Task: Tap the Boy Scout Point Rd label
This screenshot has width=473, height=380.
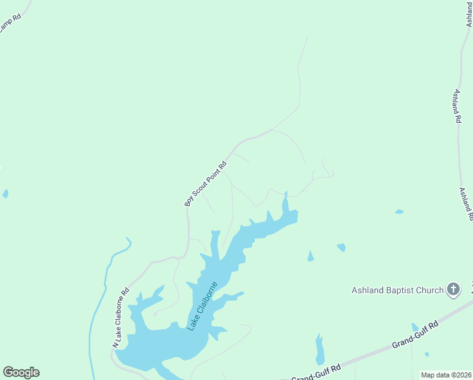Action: click(x=206, y=184)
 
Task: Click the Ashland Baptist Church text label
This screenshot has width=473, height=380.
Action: click(x=398, y=291)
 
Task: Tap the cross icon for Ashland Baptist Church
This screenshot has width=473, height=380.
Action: click(x=453, y=290)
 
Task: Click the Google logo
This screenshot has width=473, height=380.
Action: click(x=21, y=372)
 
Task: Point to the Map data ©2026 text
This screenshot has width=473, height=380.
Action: click(x=446, y=375)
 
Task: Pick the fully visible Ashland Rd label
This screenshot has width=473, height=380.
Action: click(x=456, y=106)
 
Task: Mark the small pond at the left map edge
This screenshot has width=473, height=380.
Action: click(x=5, y=194)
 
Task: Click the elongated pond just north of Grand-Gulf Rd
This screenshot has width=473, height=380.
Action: click(x=319, y=350)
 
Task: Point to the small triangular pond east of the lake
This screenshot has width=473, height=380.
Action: click(x=310, y=256)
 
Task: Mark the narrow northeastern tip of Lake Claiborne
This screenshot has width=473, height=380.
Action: click(x=285, y=201)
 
